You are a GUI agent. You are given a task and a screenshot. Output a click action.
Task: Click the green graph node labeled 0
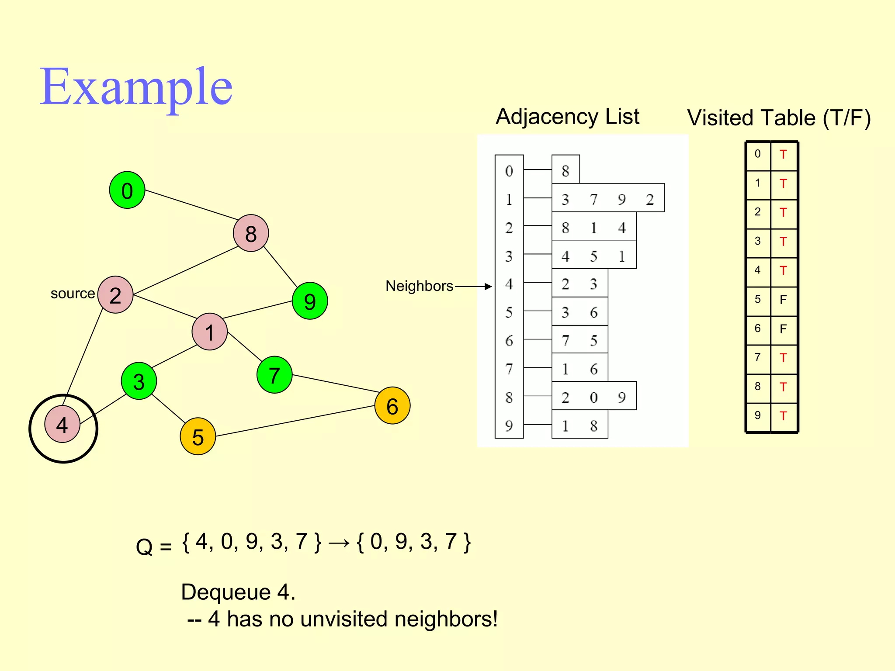(127, 190)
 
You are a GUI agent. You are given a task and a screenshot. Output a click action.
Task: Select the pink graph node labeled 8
(251, 233)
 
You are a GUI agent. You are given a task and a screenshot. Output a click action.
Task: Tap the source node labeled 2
(115, 295)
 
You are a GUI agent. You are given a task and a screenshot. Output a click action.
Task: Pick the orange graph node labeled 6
(392, 406)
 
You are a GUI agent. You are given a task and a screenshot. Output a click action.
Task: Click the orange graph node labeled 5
(198, 436)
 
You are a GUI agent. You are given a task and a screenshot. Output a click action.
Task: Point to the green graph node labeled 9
(310, 301)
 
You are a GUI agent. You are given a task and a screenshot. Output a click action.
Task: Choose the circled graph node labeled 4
(62, 425)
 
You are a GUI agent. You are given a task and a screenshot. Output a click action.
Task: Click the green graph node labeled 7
(274, 375)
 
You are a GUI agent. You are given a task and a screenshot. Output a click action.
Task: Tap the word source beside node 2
(73, 294)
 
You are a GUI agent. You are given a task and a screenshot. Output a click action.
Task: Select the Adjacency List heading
(567, 117)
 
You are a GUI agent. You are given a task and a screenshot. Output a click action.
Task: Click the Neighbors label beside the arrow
(419, 286)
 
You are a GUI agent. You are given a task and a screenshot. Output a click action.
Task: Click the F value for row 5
(783, 300)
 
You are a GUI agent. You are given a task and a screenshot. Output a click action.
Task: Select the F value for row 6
(783, 329)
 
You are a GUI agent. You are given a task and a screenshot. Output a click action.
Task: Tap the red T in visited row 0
(783, 155)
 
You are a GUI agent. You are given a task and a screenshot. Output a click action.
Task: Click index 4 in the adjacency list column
(509, 284)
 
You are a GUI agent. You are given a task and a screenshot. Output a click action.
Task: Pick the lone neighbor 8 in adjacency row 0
(565, 171)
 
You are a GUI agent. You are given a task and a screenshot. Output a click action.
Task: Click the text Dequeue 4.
(238, 592)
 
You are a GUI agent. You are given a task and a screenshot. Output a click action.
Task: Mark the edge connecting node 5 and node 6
(295, 421)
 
